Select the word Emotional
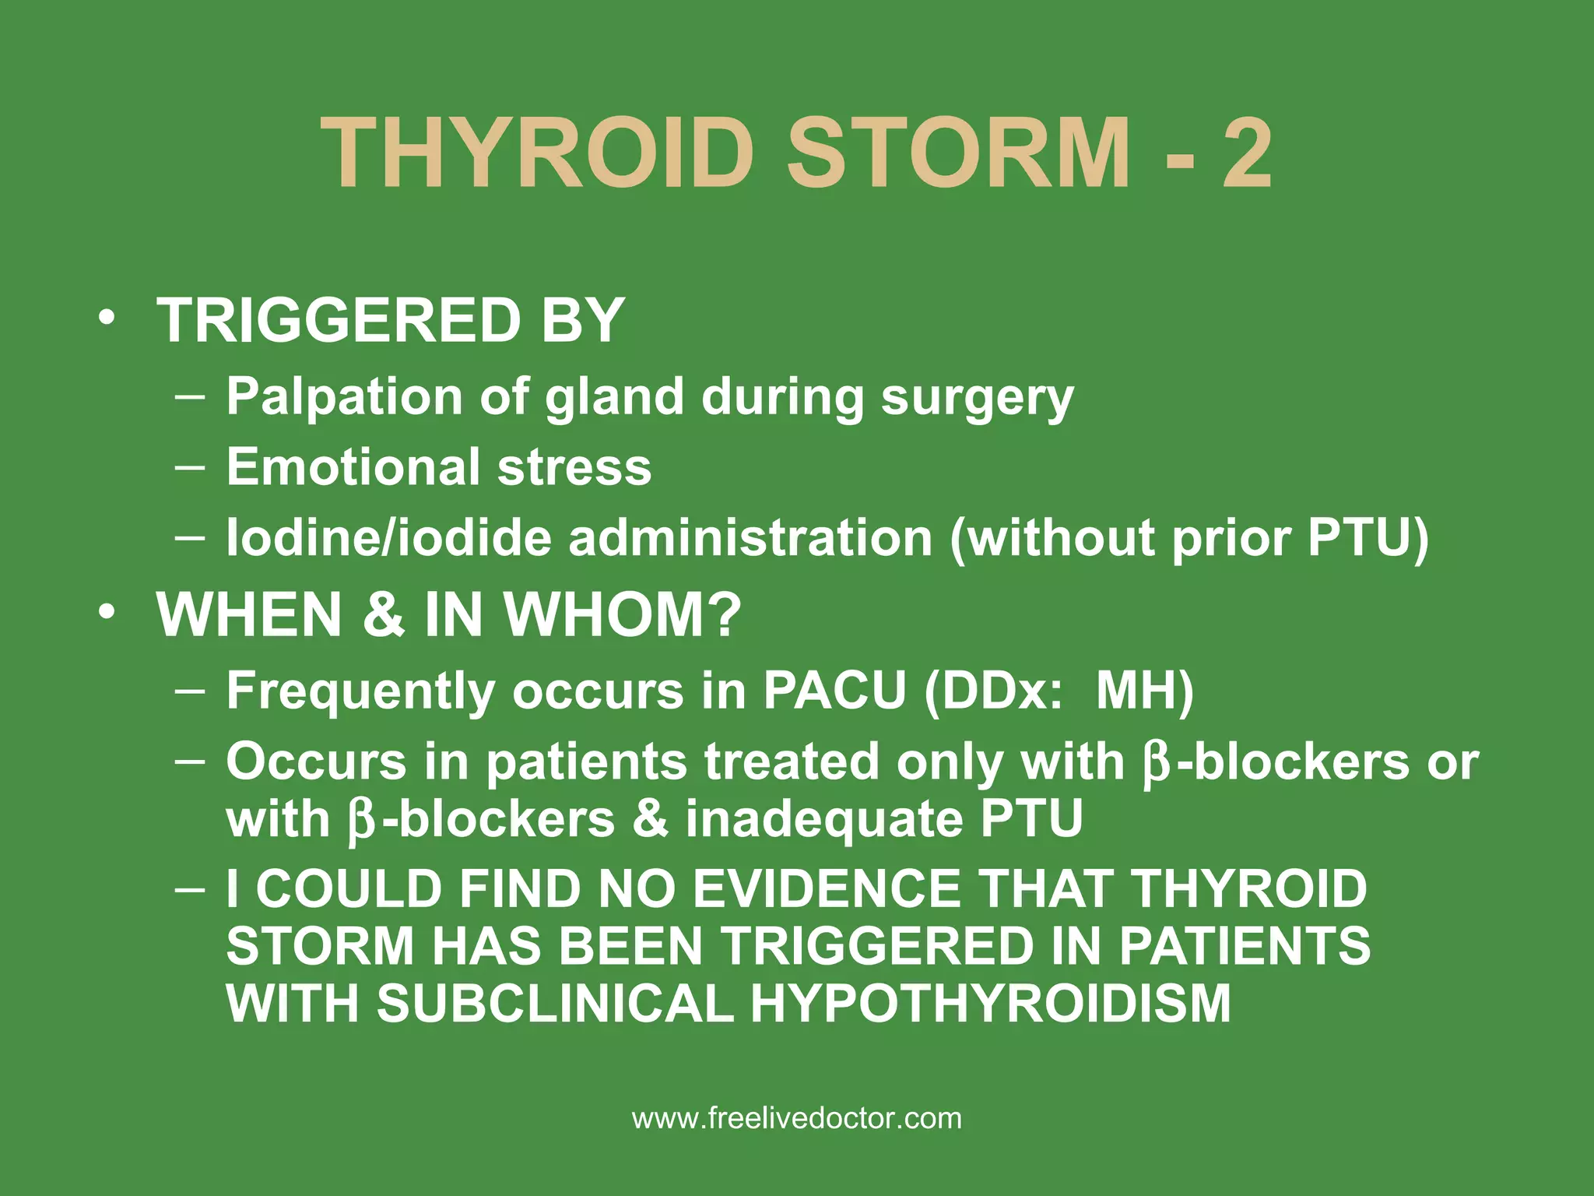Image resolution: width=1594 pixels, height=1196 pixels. pyautogui.click(x=353, y=466)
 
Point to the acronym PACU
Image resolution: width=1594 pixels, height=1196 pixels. pyautogui.click(x=834, y=690)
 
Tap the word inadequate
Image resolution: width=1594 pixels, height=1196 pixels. pyautogui.click(x=824, y=819)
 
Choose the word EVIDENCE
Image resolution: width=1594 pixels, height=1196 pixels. pyautogui.click(x=826, y=888)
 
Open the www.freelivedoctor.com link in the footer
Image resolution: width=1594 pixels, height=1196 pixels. pyautogui.click(x=797, y=1119)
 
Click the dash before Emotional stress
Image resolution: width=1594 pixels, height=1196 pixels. pyautogui.click(x=190, y=467)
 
